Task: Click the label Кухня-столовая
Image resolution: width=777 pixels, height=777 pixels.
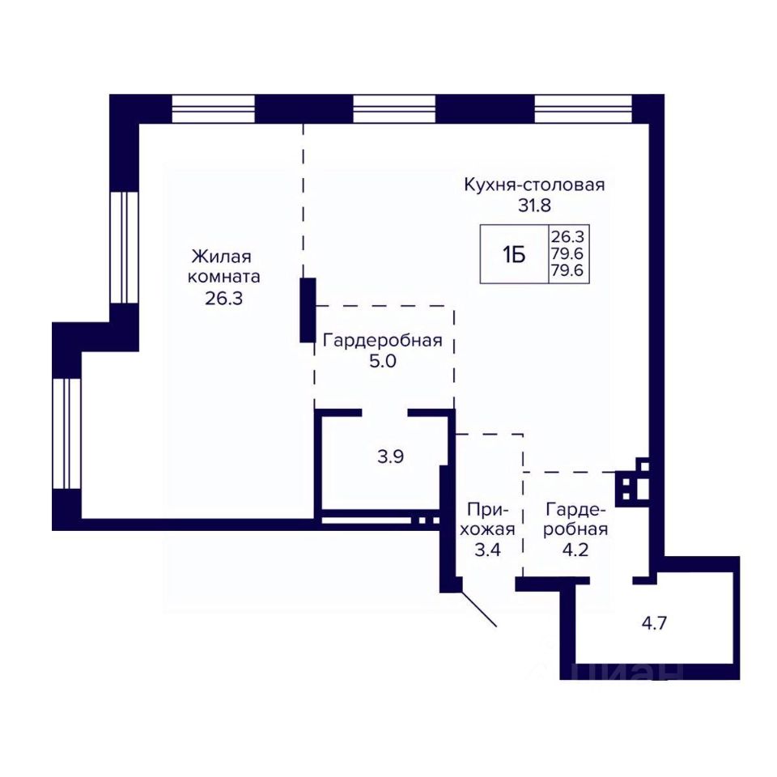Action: pos(534,185)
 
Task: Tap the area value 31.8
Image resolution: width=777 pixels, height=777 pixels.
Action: pos(534,205)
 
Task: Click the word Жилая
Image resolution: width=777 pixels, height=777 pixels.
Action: pos(222,257)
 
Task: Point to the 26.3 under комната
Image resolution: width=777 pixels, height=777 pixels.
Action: pos(223,299)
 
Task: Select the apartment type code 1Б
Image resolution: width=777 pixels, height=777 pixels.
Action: pos(514,256)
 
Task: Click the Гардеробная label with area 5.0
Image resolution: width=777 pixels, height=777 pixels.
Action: pos(383,341)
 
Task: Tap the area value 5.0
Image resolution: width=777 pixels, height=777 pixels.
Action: pos(383,361)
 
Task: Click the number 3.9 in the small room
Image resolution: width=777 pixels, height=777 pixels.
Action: pos(390,456)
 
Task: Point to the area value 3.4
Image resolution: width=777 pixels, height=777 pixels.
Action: pos(487,550)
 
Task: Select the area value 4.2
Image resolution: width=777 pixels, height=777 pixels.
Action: pos(575,550)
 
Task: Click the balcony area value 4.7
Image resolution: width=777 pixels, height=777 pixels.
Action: pos(654,623)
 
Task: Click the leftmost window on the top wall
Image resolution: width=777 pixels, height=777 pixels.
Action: pos(213,108)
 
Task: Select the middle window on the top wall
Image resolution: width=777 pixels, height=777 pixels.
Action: pos(394,108)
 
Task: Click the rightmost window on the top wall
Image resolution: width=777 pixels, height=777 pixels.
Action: pos(584,108)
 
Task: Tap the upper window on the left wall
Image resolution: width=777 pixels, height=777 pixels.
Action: pos(124,248)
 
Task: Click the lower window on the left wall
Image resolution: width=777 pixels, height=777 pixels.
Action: pos(67,434)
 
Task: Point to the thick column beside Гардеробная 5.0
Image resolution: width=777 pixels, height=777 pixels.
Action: pos(308,310)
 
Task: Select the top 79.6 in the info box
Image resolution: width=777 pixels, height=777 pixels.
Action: pos(567,253)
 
